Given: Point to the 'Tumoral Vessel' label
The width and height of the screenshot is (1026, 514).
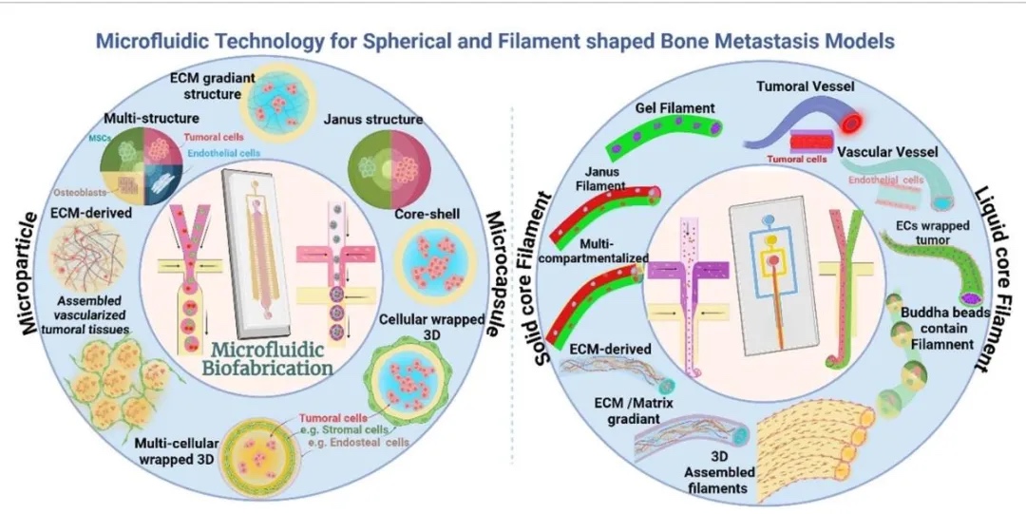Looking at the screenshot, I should point(805,86).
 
